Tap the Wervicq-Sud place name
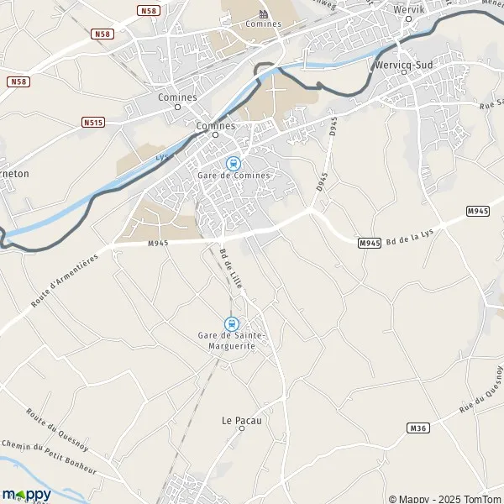[x=403, y=60]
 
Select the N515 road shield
[x=93, y=123]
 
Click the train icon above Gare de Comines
[x=233, y=163]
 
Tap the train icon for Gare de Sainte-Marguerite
[x=230, y=323]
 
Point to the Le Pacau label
[x=241, y=419]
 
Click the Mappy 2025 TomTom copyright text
[x=445, y=498]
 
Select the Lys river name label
[x=162, y=156]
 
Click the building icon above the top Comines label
[x=263, y=14]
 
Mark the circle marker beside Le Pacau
[x=241, y=428]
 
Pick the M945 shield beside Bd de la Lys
[x=370, y=243]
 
